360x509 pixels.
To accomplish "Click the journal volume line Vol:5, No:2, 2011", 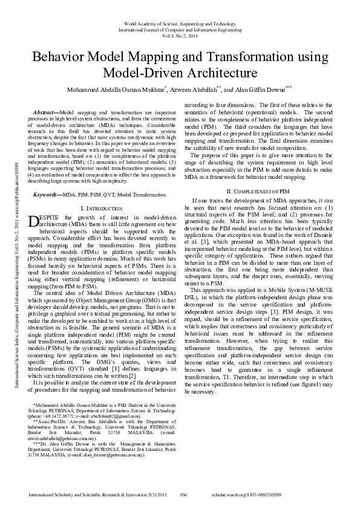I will (x=180, y=35).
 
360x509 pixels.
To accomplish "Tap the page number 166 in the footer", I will (x=183, y=494).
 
